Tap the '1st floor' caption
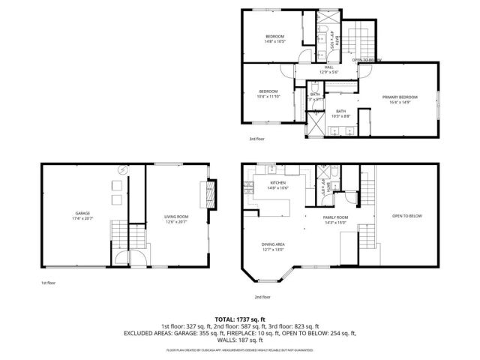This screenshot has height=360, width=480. (48, 283)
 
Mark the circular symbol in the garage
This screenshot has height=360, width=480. (118, 172)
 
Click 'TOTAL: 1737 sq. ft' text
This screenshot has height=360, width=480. (240, 319)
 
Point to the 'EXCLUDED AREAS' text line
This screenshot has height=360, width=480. (240, 333)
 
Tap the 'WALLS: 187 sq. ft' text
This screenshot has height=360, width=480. (240, 340)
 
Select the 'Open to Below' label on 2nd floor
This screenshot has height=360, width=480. (407, 216)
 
